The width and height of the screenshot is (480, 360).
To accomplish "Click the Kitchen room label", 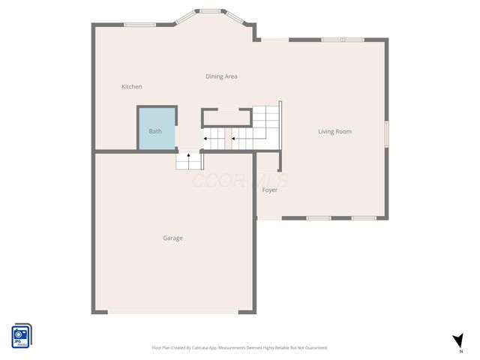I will [132, 87].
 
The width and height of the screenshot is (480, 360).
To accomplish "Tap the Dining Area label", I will [221, 76].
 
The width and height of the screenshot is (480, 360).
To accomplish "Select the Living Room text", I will [334, 132].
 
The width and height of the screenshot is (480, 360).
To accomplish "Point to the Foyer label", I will [269, 190].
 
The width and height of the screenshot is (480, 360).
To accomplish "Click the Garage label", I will [172, 238].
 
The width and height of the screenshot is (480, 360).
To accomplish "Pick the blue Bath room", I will [155, 131].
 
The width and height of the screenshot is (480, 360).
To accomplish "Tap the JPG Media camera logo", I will [21, 335].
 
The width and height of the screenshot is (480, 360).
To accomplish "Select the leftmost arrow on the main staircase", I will [205, 138].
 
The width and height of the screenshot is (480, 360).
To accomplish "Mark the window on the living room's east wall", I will [387, 131].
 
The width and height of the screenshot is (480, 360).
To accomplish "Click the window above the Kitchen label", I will [139, 25].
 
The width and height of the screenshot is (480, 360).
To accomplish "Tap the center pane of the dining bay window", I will [211, 11].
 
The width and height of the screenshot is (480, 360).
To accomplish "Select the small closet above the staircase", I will [226, 118].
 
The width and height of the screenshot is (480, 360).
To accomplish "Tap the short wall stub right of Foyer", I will [279, 160].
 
